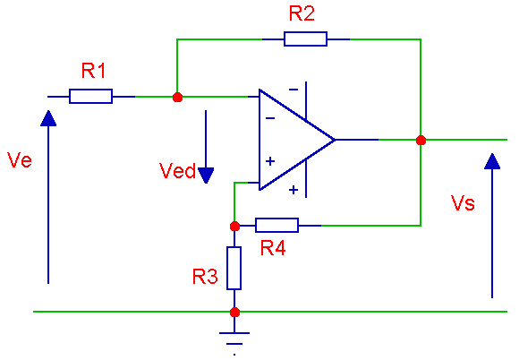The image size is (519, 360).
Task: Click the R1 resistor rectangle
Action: tap(90, 97)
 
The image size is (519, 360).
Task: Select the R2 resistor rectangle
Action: tap(305, 39)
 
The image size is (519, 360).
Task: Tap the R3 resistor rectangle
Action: tap(234, 269)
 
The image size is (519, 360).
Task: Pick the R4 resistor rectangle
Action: tap(277, 225)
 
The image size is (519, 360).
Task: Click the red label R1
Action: tap(93, 71)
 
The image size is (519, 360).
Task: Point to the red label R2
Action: tap(302, 14)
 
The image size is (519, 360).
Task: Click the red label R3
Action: tap(205, 277)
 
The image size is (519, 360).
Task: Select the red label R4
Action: tap(273, 248)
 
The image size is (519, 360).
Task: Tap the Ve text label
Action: tap(20, 160)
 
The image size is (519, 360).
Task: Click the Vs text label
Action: tap(463, 202)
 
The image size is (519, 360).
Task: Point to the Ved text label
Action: tap(178, 171)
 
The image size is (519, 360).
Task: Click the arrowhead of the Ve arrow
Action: tap(48, 118)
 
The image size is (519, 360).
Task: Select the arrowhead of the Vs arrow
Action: tap(492, 161)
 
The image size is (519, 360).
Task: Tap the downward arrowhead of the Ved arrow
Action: tap(206, 176)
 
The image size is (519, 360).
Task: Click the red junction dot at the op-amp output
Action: tap(421, 140)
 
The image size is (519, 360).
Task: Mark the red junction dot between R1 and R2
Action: tap(177, 97)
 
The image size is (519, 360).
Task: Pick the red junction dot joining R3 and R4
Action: tap(234, 227)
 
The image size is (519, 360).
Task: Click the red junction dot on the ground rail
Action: tap(234, 312)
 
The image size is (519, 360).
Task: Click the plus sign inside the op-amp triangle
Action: tap(270, 161)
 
